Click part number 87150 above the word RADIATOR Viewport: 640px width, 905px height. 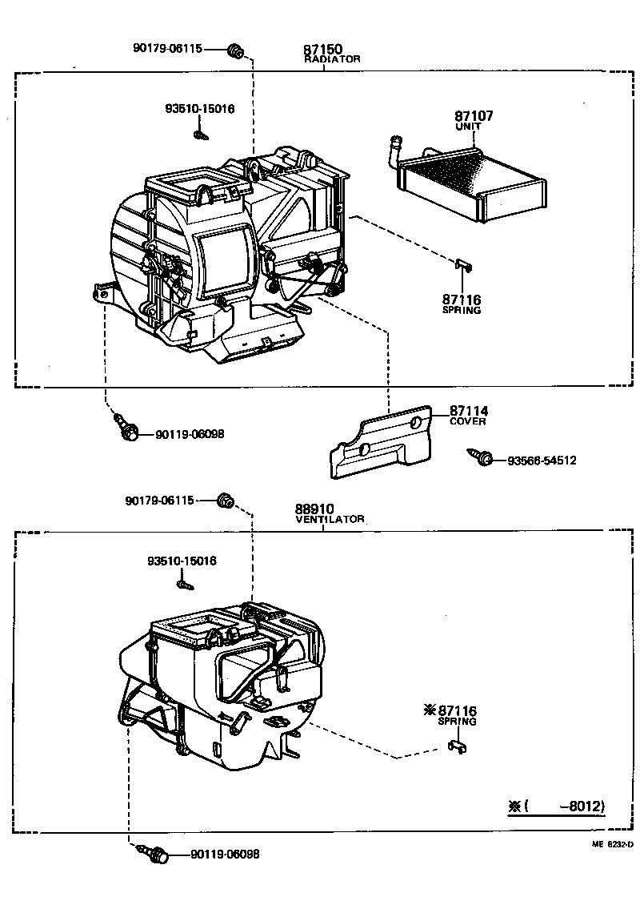coord(323,50)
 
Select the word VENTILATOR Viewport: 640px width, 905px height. coord(330,519)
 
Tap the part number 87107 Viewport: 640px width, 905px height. coord(474,116)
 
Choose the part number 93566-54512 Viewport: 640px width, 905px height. coord(541,461)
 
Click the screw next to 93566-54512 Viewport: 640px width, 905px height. coord(482,458)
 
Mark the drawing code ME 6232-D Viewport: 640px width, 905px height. coord(612,843)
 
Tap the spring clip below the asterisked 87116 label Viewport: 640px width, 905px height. coord(456,747)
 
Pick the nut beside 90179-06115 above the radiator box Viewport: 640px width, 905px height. coord(235,52)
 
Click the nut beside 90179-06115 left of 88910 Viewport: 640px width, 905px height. coord(226,501)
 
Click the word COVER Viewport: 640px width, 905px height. coord(467,421)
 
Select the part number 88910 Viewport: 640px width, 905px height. coord(314,509)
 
